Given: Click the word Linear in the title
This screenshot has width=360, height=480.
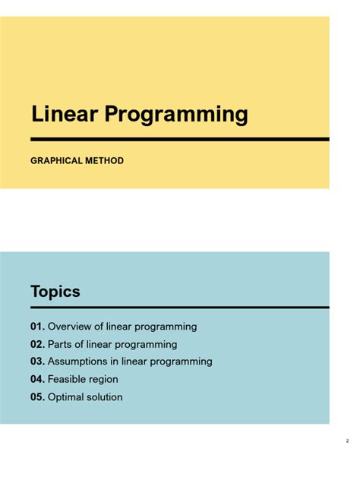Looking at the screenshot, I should point(63,115).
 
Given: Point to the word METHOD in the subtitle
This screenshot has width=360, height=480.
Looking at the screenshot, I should point(105,161).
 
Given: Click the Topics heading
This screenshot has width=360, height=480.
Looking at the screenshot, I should point(55,292).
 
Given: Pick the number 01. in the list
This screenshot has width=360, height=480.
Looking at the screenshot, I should point(38,327).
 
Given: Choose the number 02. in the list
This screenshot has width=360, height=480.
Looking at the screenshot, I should point(38,344).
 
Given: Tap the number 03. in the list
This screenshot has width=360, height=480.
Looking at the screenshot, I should point(38,362).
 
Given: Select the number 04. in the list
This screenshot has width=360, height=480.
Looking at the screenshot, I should point(38,379).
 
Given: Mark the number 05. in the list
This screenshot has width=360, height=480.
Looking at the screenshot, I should point(38,396).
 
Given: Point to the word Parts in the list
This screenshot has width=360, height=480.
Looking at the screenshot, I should point(61,344).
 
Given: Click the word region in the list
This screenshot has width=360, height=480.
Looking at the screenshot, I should point(104,380).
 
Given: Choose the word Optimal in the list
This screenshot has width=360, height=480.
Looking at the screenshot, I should point(66,397).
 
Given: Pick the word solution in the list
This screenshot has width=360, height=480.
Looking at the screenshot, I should point(105,396).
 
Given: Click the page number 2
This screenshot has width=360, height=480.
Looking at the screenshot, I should point(347,441).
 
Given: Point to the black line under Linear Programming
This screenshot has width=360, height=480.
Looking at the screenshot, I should point(180,139).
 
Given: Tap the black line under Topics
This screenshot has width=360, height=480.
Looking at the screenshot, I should point(180,307).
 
